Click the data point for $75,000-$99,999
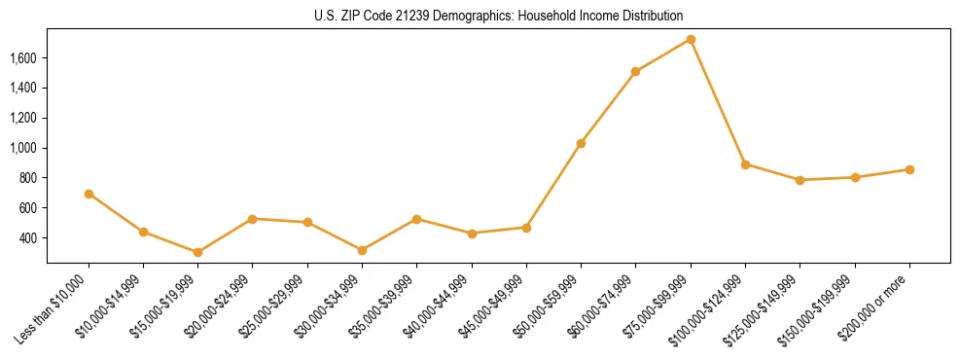(691, 39)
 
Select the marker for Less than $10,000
(89, 194)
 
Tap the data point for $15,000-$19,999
(198, 252)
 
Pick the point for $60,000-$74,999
(635, 71)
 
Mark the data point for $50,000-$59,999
(581, 143)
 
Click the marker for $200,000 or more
(909, 169)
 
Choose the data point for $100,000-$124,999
(745, 164)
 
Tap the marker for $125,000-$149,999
(800, 180)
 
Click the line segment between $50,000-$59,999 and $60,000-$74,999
(608, 107)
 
